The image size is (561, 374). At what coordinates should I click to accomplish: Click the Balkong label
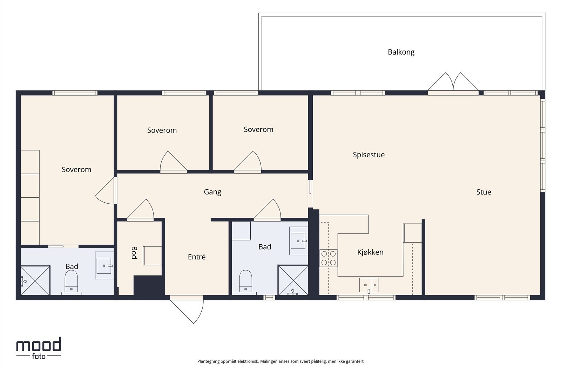[x=401, y=52]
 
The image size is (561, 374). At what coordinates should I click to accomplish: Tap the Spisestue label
[x=369, y=155]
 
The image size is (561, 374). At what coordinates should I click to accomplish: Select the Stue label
[x=484, y=192]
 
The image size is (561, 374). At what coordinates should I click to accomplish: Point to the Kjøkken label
[x=370, y=252]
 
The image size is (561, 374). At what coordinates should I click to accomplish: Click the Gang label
[x=212, y=192]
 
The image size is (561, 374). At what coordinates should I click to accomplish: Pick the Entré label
[x=197, y=257]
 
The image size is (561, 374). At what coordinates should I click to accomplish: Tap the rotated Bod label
[x=134, y=253]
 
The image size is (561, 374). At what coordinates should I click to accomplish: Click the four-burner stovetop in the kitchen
[x=328, y=258]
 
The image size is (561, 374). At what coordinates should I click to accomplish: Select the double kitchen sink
[x=369, y=285]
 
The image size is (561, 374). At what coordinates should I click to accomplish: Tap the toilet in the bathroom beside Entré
[x=245, y=282]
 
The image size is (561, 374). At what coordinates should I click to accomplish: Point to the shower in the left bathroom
[x=35, y=280]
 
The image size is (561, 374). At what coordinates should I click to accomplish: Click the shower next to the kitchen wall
[x=293, y=280]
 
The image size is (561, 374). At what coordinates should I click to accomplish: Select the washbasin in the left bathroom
[x=104, y=265]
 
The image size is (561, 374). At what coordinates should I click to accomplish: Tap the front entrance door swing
[x=187, y=310]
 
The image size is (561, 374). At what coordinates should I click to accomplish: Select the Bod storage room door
[x=140, y=210]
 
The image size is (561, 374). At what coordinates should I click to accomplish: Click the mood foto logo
[x=39, y=348]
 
